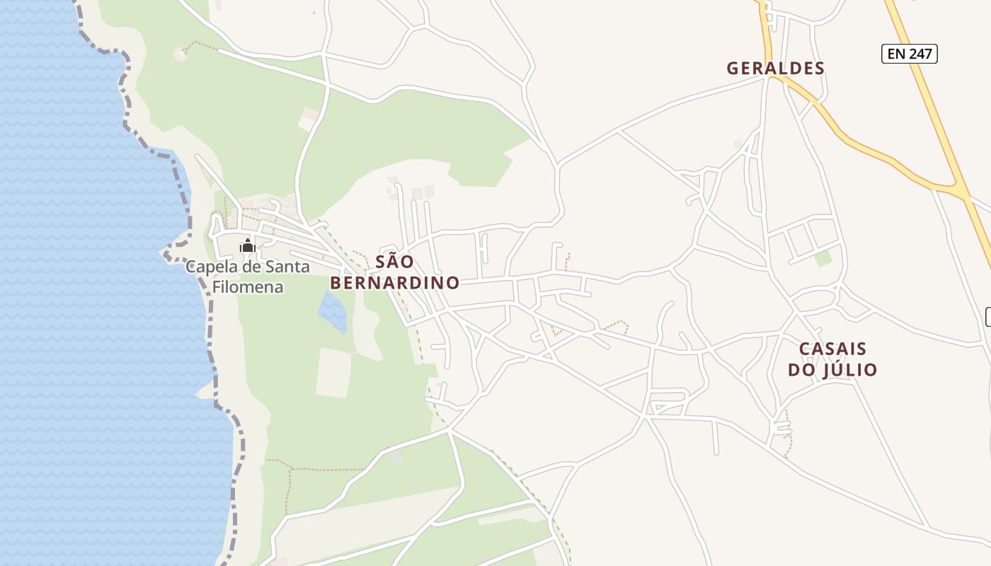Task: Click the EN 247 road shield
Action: click(x=909, y=54)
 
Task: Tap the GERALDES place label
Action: click(x=776, y=69)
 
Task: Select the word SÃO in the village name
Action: click(x=394, y=262)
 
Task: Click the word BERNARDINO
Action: click(x=395, y=283)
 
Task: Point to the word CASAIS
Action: click(x=832, y=350)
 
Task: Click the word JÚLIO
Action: click(x=849, y=370)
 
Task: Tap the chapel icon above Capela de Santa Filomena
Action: click(x=248, y=246)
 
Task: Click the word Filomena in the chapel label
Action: click(x=248, y=287)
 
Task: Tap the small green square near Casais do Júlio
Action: click(x=823, y=258)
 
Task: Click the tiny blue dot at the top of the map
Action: click(x=314, y=12)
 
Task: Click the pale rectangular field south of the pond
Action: click(x=333, y=373)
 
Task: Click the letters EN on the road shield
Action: click(x=895, y=54)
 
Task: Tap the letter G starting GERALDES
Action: click(x=733, y=69)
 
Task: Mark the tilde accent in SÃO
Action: click(x=394, y=253)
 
